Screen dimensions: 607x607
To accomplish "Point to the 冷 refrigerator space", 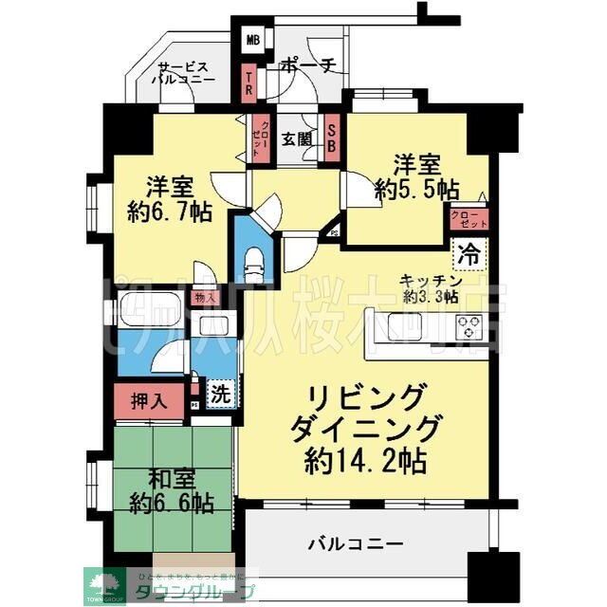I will (x=469, y=253).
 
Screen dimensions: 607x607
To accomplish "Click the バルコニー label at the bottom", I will (x=357, y=544).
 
